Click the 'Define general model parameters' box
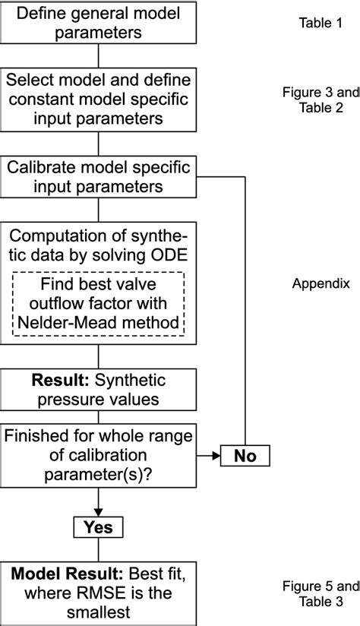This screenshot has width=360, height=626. click(x=99, y=23)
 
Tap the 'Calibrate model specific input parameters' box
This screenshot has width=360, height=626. click(x=99, y=176)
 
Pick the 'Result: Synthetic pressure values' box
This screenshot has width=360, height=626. click(x=99, y=389)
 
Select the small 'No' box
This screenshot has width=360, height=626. click(x=245, y=457)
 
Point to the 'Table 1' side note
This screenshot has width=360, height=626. click(x=316, y=24)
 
